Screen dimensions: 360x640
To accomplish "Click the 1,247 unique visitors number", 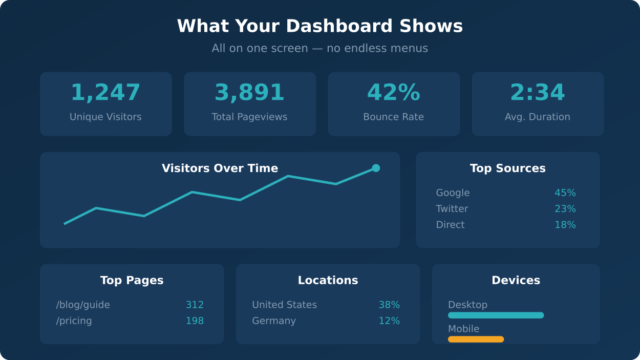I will tap(105, 93).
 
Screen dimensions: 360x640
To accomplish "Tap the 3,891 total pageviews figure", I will tap(249, 93).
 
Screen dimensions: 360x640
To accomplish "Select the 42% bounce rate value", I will tap(393, 93).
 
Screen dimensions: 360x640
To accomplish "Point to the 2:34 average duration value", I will tap(538, 93).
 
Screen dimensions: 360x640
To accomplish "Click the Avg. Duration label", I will tap(538, 117).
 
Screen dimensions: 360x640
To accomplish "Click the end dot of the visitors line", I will tap(376, 168).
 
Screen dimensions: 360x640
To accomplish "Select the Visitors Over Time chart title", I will tap(220, 168).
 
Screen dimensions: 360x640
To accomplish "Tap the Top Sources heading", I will tap(507, 168).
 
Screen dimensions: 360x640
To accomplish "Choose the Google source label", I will tap(453, 193).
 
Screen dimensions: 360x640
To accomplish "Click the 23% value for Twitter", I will tap(565, 209).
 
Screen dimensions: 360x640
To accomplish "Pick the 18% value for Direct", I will tap(565, 225).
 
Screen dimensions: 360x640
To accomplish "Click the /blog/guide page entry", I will tap(83, 305).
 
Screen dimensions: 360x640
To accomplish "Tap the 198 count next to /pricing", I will tap(195, 321).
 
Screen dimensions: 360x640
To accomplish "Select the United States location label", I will tap(284, 305).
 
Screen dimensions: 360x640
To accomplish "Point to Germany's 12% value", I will tap(389, 321).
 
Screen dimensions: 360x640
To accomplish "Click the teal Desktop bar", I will tap(496, 315).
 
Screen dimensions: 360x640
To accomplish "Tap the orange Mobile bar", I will tap(476, 339).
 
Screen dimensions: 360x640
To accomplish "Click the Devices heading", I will tap(516, 280).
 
